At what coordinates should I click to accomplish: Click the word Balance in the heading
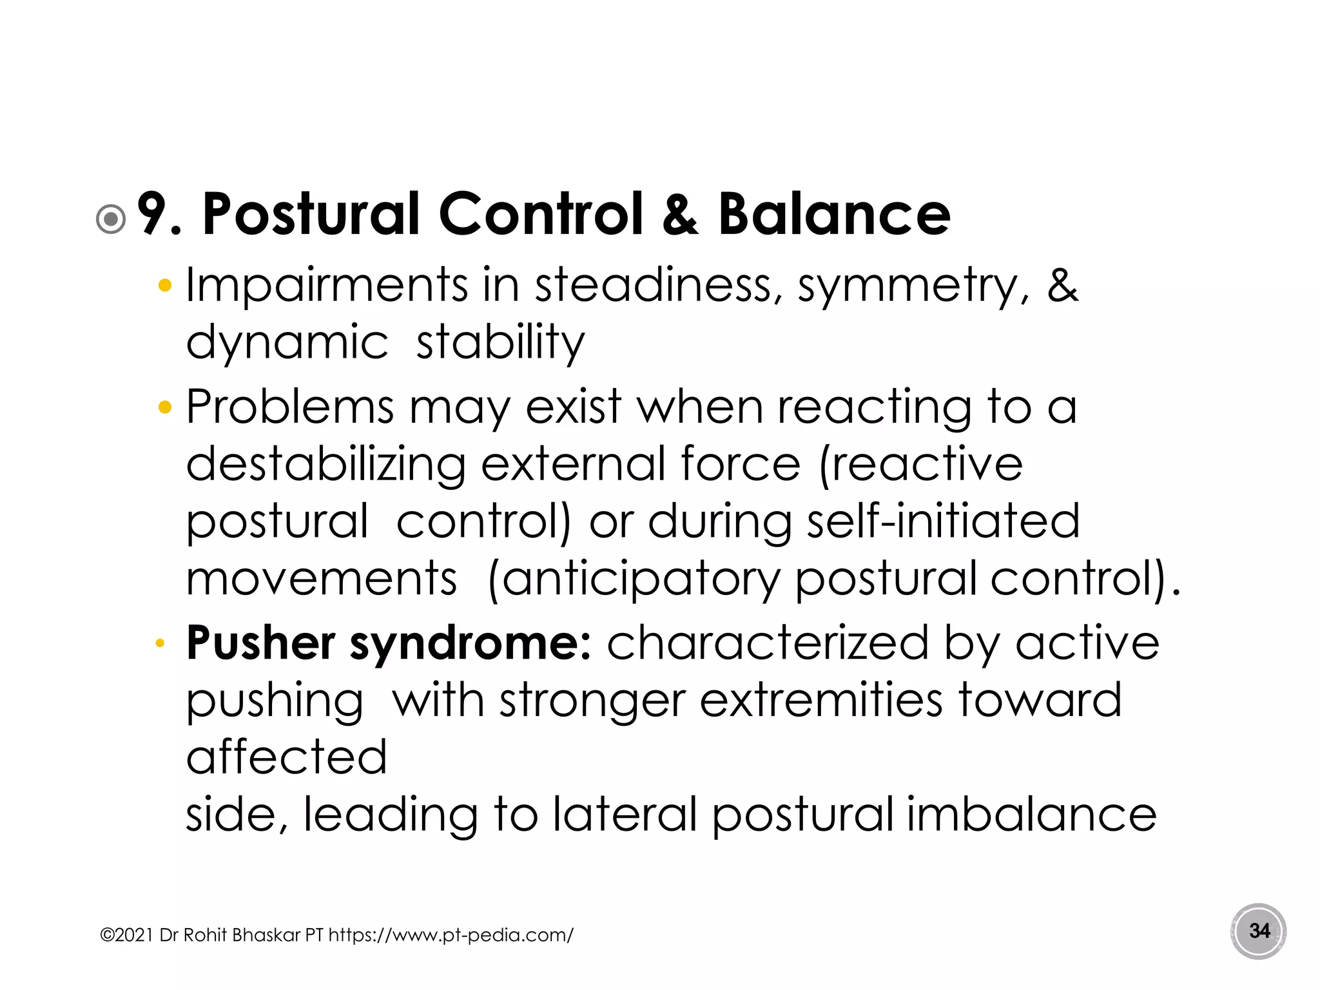pos(834,215)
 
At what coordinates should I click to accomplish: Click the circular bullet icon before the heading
pos(111,219)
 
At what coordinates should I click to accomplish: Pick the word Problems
pos(289,407)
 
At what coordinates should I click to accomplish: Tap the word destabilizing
pos(325,465)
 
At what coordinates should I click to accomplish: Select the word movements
pos(322,578)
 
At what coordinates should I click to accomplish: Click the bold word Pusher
pos(260,643)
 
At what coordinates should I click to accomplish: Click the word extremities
pos(821,700)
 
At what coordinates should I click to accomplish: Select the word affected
pos(287,757)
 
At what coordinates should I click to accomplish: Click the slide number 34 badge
pos(1259,931)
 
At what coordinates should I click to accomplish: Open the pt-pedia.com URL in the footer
pos(451,935)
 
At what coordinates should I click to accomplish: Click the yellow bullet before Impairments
pos(165,286)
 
